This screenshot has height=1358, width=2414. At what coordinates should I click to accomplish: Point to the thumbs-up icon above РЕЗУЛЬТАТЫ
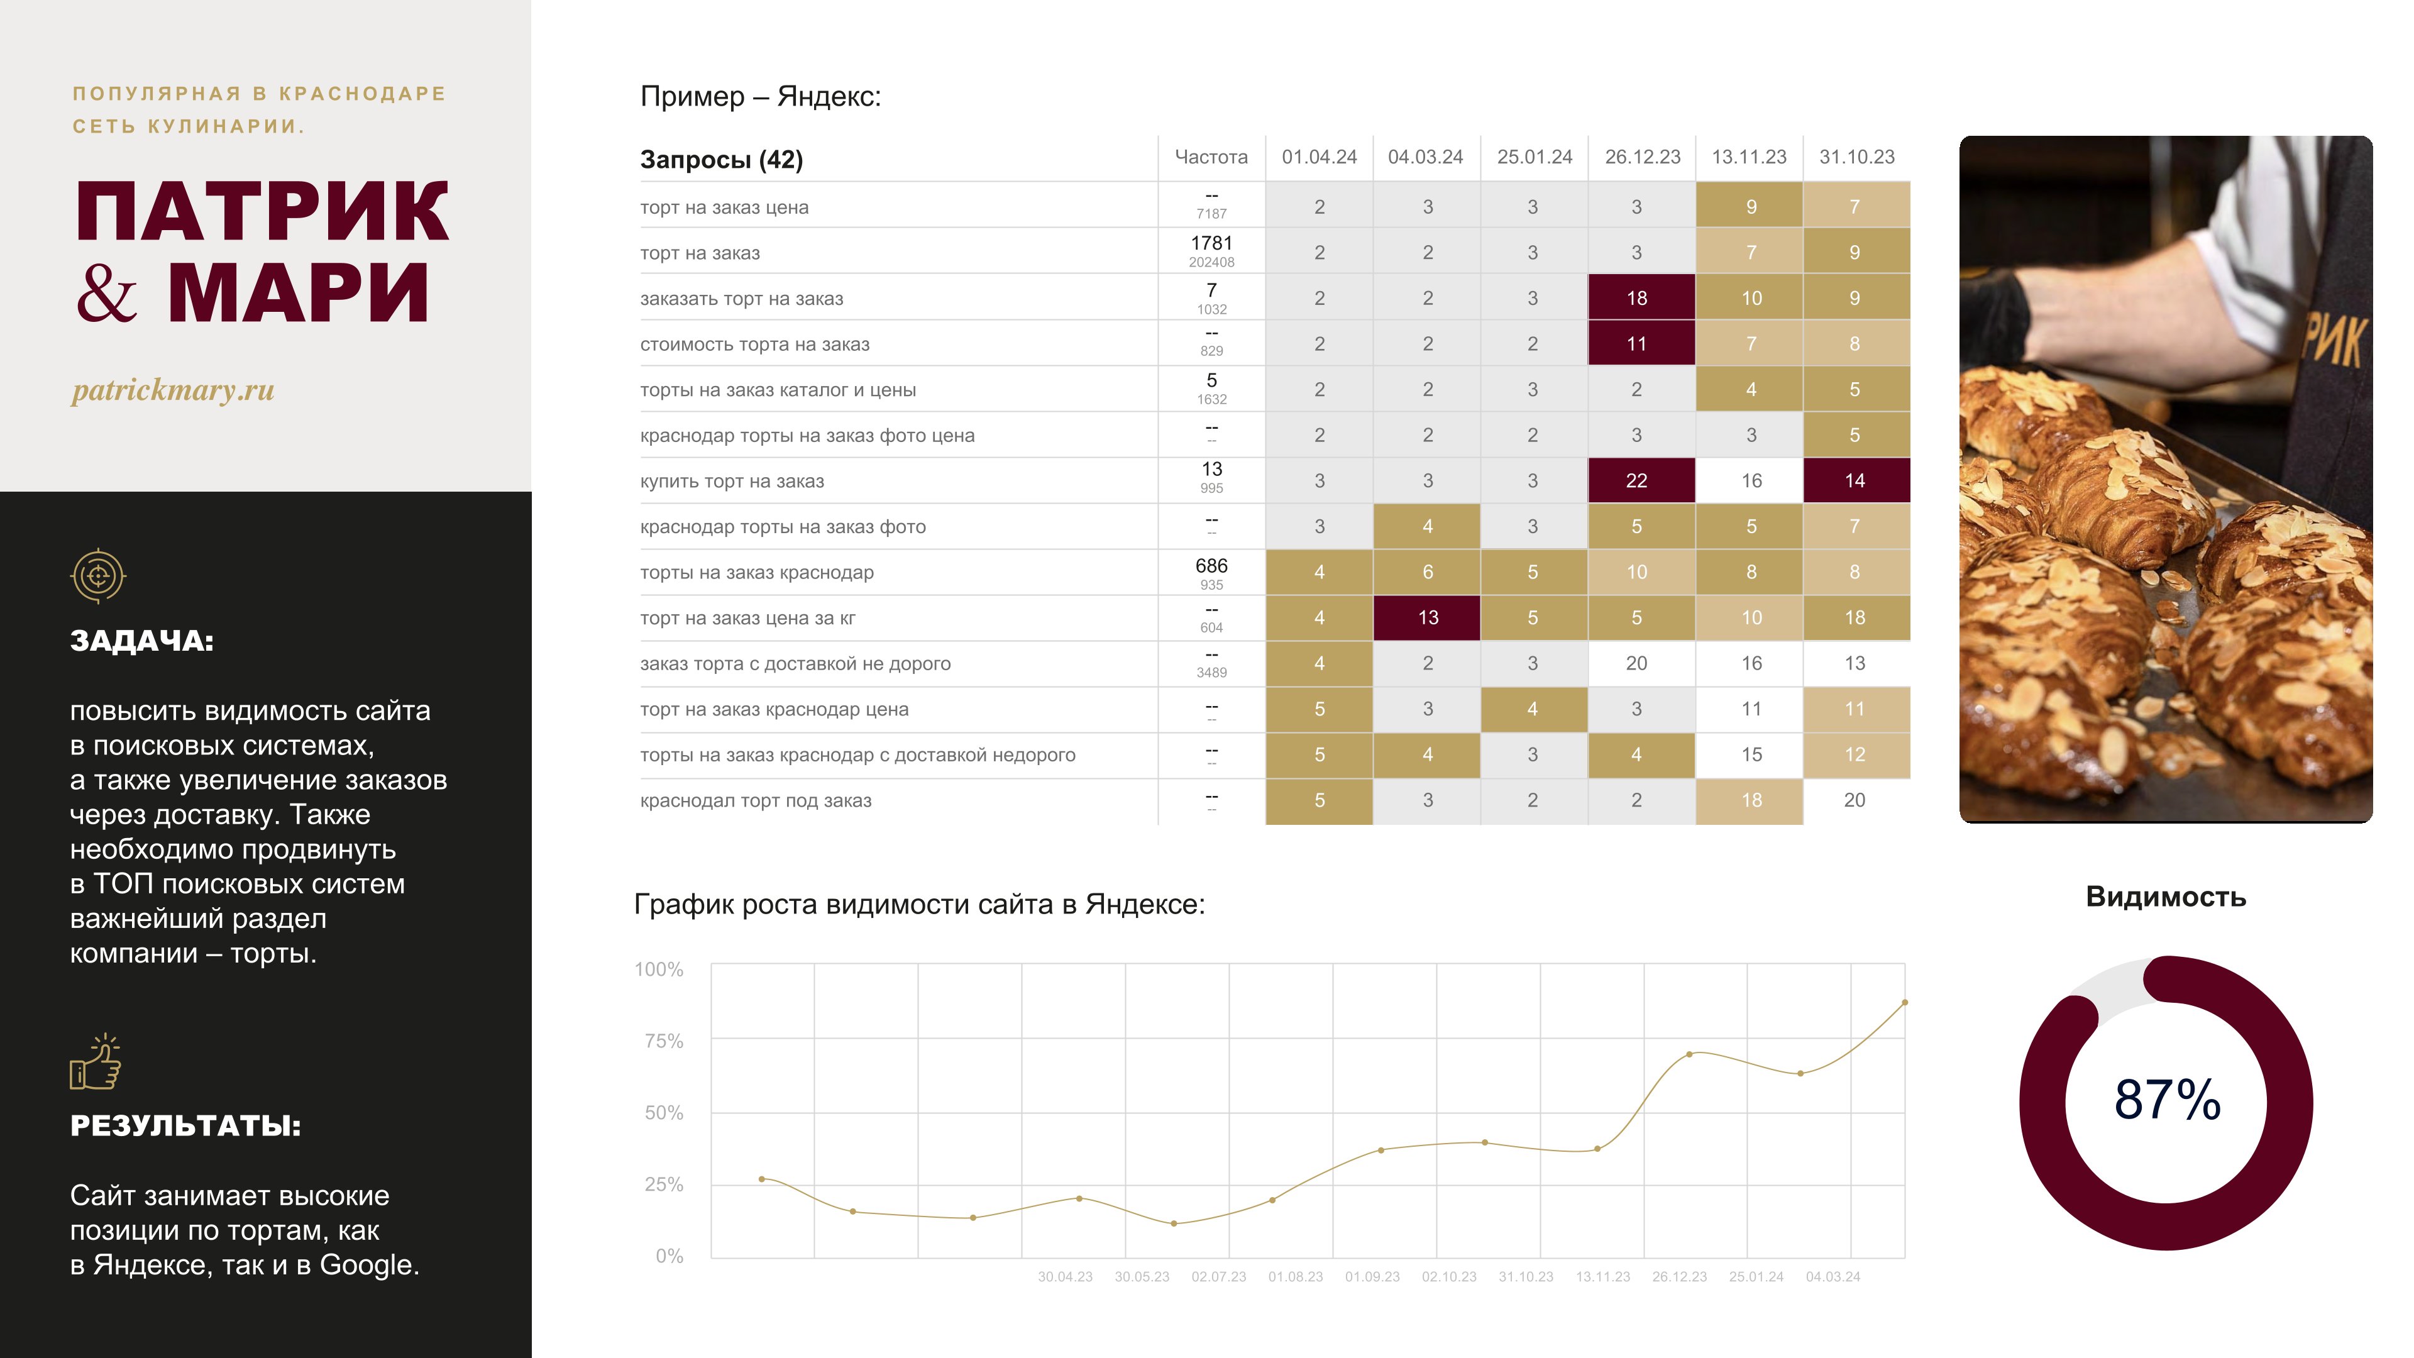point(96,1063)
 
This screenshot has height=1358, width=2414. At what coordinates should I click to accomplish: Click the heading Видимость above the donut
point(2166,897)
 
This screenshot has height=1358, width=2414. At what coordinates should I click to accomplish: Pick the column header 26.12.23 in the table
point(1642,157)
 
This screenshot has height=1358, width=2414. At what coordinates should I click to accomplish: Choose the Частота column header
point(1211,157)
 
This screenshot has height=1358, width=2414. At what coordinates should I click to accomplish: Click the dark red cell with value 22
point(1636,481)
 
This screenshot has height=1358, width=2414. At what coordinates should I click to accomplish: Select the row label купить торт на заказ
point(732,482)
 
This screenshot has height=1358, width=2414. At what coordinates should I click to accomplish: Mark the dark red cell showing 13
point(1427,617)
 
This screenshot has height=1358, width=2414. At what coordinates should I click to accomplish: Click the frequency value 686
point(1211,566)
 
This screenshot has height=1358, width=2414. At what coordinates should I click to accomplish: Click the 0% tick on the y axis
point(669,1256)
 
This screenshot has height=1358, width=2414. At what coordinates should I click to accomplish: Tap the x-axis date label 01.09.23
point(1372,1276)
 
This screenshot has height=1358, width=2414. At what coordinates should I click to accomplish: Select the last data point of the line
point(1904,1003)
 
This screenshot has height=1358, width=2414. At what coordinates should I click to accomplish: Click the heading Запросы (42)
point(722,159)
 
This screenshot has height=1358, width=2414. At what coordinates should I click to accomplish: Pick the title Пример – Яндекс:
point(760,97)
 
